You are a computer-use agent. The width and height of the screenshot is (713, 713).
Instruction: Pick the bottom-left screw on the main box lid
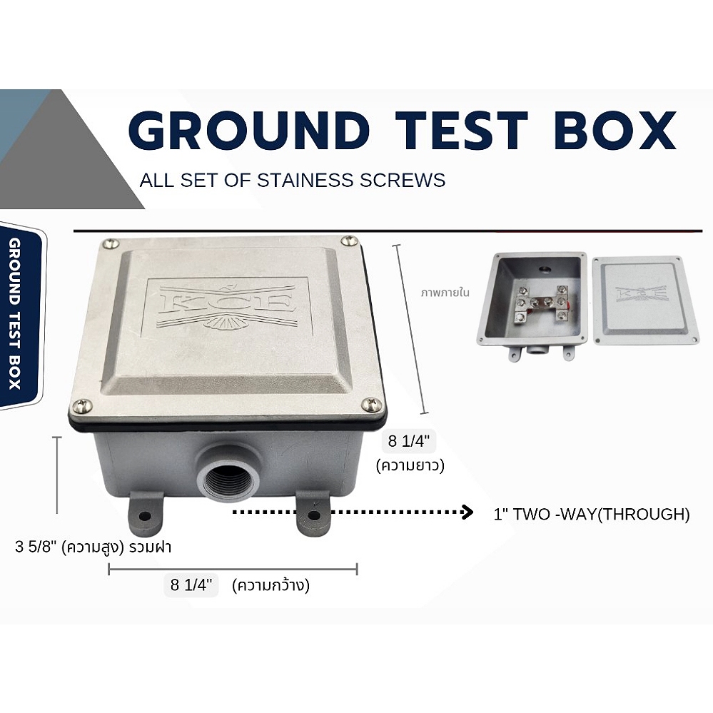[x=84, y=406]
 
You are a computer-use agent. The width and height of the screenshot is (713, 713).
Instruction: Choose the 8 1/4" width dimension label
[x=192, y=586]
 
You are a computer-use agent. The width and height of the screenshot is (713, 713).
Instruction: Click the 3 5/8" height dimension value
[x=36, y=548]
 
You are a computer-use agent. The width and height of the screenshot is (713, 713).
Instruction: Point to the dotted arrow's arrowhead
[x=468, y=512]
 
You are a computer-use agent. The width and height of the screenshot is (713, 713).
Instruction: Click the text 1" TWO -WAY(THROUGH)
[x=591, y=514]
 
